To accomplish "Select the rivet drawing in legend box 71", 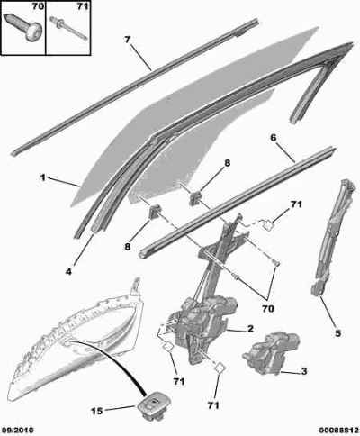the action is coord(68,28).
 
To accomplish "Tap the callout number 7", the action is coord(128,40).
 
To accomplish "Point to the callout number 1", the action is coord(43,177).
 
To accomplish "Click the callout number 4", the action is coord(68,272).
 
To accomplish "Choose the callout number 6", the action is coord(274,138).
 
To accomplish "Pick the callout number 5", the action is coord(337,333).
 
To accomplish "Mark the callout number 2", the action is coord(250,329).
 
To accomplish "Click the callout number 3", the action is coord(304,371).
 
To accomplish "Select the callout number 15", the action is coord(96,411).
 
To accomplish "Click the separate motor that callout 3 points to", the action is coord(271,352).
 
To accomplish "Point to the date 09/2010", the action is coord(17,430).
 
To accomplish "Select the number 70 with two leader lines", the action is coord(267,308).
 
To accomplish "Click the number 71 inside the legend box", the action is coord(83,6).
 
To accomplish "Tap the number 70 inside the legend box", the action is coord(38,6).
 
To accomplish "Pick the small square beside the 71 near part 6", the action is coord(268,224).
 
